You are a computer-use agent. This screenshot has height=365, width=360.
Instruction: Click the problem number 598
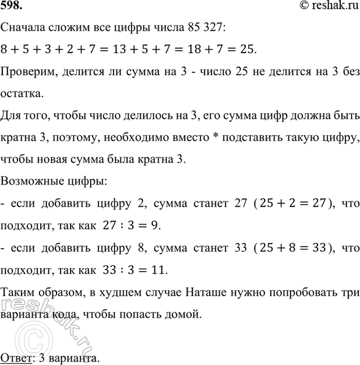point(13,8)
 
